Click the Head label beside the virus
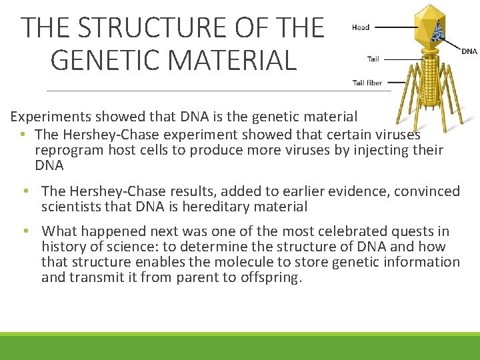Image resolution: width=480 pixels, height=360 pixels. [x=361, y=27]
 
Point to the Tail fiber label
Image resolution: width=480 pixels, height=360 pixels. [x=367, y=83]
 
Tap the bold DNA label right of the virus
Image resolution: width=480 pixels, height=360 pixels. [x=469, y=51]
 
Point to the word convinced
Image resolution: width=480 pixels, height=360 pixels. [x=427, y=192]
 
